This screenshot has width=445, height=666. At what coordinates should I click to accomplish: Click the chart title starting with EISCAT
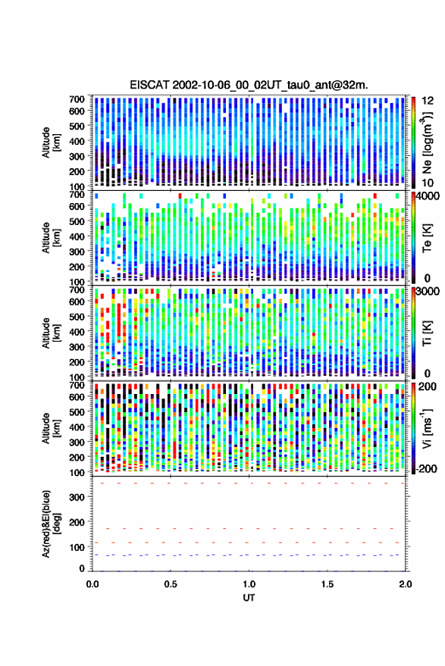coord(249,85)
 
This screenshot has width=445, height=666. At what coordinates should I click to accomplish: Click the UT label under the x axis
coord(249,598)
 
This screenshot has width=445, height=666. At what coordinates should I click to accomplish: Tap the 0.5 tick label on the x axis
coord(171,584)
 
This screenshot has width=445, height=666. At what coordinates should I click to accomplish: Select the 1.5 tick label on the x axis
coord(327,584)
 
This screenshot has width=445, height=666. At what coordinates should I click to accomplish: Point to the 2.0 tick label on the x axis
coord(405,584)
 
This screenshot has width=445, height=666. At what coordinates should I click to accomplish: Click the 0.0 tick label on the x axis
coord(92,584)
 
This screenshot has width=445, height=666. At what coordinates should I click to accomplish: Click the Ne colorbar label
coord(427,142)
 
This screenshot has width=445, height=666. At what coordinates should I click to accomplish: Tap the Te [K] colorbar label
coord(427,238)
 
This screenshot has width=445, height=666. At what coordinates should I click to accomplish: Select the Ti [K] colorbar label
coord(427,333)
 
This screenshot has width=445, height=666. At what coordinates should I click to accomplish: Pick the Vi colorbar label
coord(427,428)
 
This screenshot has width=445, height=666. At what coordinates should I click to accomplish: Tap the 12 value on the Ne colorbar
coord(428,101)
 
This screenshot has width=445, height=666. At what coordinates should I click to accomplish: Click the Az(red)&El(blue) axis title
coord(51,524)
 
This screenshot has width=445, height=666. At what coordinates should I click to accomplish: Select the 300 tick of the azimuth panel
coord(77,497)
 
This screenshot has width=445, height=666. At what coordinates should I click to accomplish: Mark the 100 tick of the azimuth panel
coord(77,547)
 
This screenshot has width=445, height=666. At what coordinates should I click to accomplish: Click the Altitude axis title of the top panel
coord(51,142)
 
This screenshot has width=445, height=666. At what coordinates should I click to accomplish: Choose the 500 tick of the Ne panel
coord(77,126)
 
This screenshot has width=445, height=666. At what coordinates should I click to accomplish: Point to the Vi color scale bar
coord(413,428)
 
